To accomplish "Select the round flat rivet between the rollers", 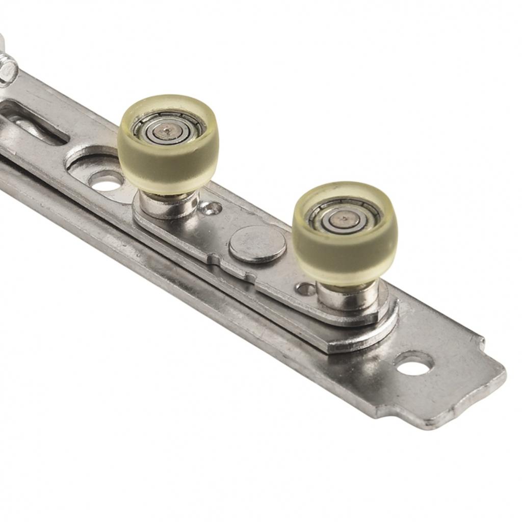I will [257, 244].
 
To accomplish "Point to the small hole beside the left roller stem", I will [211, 207].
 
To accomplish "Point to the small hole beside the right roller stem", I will [305, 289].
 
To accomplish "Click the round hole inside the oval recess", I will [106, 180].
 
